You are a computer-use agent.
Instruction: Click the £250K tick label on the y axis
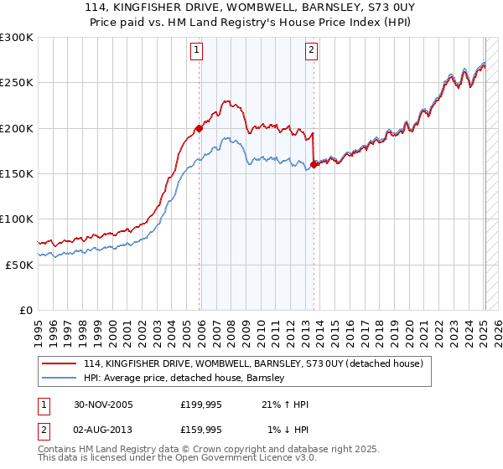[x=17, y=83]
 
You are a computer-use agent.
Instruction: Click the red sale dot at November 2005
[x=200, y=128]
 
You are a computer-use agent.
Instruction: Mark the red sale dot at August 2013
[x=314, y=164]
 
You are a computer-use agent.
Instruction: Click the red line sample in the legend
[x=59, y=363]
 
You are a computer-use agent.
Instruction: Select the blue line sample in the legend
[x=59, y=378]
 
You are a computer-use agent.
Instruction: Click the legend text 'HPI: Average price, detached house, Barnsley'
[x=184, y=378]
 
